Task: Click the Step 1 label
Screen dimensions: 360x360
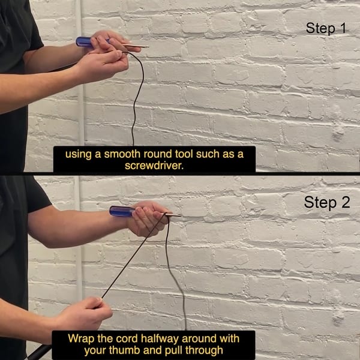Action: [326, 28]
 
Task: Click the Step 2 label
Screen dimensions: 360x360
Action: [327, 203]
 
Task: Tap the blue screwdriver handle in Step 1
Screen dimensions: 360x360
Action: [84, 42]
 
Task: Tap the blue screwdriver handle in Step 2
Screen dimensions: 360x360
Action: [122, 211]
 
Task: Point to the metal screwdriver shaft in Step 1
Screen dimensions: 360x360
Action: [136, 45]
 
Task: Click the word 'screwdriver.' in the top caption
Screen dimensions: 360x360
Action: [154, 166]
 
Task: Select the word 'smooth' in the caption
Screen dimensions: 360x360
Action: [122, 154]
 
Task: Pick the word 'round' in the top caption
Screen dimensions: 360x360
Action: [158, 154]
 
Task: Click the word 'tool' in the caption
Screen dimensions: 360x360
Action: [184, 154]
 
